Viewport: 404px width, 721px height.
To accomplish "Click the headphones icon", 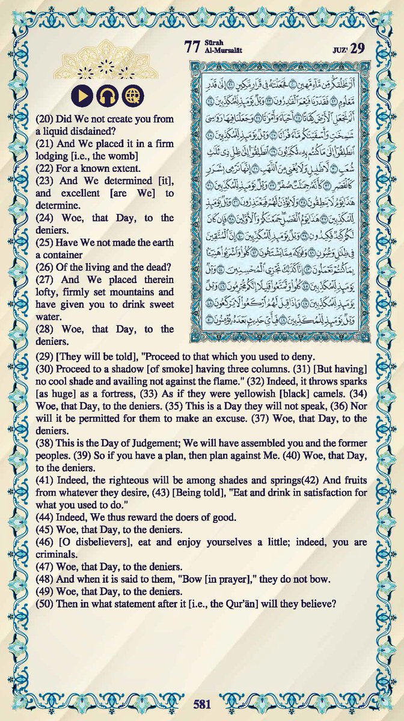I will tap(106, 95).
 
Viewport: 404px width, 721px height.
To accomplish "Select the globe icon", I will tap(132, 95).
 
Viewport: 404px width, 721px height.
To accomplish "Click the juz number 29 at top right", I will tap(376, 48).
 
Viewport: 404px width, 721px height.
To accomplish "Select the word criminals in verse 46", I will tap(41, 555).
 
